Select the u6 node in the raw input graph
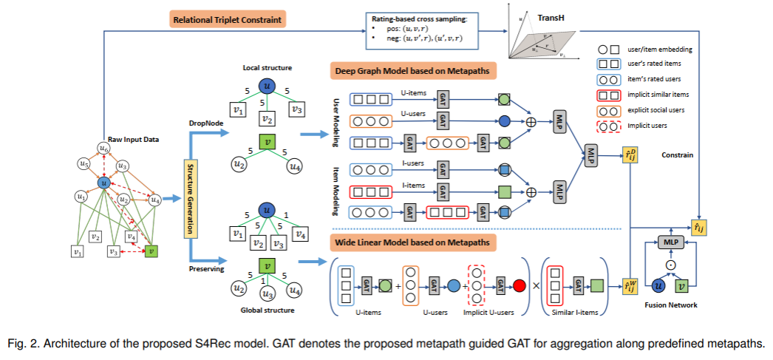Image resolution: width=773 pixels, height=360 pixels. click(x=106, y=149)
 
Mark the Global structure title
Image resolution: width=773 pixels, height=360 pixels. click(x=266, y=310)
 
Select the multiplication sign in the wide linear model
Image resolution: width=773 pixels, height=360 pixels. click(x=537, y=285)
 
